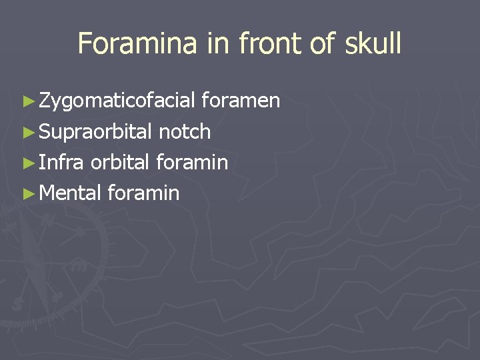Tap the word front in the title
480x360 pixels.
click(267, 43)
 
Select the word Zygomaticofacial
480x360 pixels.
click(117, 101)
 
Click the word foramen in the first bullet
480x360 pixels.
click(241, 101)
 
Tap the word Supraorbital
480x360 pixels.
click(96, 132)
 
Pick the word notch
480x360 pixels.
click(185, 132)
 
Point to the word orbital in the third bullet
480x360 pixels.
click(121, 163)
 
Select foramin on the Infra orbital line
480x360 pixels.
click(192, 163)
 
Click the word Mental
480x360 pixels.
click(70, 193)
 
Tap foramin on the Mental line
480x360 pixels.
click(143, 193)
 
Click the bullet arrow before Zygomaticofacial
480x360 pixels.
click(27, 102)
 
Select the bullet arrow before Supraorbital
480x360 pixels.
click(27, 133)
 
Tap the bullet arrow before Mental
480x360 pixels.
click(27, 194)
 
